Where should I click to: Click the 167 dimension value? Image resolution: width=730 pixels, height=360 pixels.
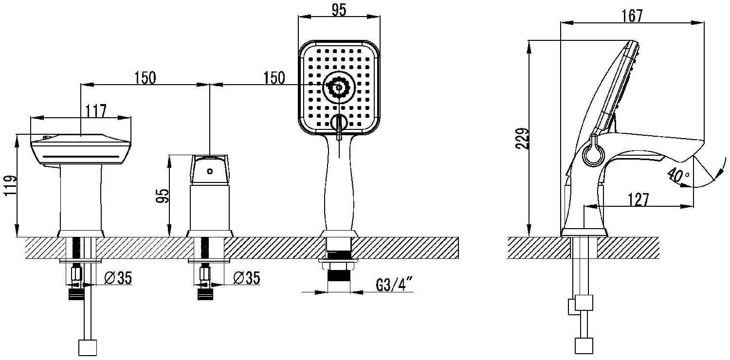632,15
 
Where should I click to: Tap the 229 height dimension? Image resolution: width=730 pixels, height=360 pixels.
522,139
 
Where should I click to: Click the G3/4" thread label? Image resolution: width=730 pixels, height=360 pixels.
394,285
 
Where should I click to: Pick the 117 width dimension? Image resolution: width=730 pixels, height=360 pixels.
96,111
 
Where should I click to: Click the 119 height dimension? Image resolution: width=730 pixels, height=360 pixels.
10,185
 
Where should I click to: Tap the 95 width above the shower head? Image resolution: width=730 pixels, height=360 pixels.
339,10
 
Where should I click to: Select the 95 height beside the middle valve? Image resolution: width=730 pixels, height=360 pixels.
163,196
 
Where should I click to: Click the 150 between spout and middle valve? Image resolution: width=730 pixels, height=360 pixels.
146,78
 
